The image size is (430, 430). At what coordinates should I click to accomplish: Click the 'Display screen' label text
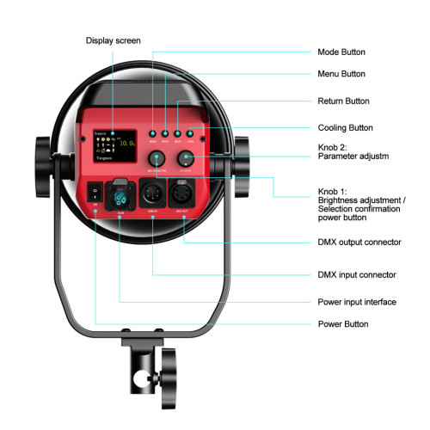click(114, 40)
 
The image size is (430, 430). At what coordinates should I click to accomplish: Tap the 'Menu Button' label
click(341, 74)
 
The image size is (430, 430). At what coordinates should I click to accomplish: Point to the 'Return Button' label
click(343, 101)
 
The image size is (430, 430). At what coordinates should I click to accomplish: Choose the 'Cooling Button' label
click(344, 127)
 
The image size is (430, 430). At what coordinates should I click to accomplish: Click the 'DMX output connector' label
click(359, 243)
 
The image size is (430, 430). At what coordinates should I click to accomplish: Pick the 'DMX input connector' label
click(356, 274)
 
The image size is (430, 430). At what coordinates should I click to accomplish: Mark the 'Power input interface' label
click(357, 303)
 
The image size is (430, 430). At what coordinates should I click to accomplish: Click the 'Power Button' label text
click(342, 324)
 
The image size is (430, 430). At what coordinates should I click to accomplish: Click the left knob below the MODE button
click(157, 158)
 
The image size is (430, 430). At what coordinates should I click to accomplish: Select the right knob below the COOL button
click(186, 158)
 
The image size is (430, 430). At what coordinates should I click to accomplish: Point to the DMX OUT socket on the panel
click(184, 193)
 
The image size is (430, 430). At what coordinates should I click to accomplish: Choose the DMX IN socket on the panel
click(153, 193)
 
